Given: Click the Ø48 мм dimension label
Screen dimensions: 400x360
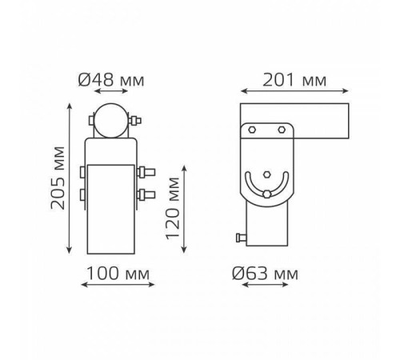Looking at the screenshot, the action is point(111,80).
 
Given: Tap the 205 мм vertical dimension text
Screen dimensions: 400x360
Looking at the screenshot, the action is point(58,178).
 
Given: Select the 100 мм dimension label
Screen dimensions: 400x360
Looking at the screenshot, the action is point(118,274).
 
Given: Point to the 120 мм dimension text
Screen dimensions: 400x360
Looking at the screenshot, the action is point(173,208).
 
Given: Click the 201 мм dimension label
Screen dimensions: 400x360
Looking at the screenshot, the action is point(294,80).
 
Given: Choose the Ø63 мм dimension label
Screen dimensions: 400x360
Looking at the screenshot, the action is point(265,274).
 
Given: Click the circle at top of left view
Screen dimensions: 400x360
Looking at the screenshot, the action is point(111,121).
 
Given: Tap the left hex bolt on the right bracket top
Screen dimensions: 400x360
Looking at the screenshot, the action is point(252,130).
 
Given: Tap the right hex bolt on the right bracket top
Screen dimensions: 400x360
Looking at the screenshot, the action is point(282,130).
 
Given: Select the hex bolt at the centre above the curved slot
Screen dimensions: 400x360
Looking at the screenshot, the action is point(266,174).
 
